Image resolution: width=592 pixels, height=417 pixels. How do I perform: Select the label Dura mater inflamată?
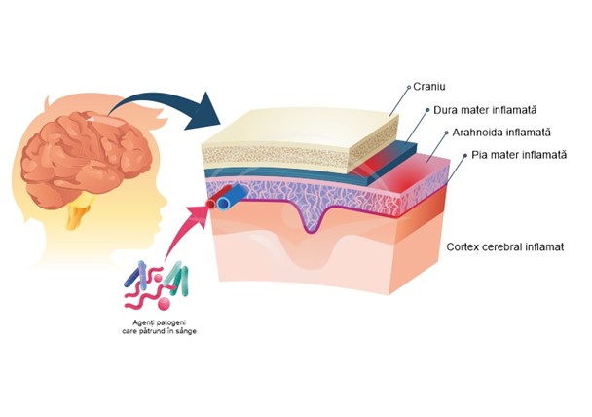pos(473,110)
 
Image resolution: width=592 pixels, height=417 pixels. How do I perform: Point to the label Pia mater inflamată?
pos(505,155)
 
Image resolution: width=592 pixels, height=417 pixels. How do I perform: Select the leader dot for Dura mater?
pos(429,110)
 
